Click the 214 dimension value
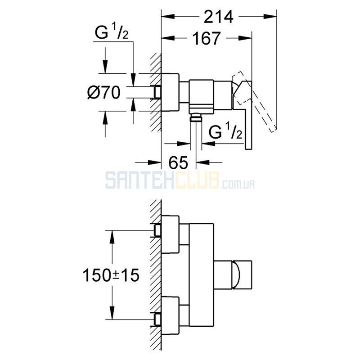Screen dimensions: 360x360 point(218,17)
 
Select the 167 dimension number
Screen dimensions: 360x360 point(207,38)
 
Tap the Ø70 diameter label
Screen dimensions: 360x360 point(104,93)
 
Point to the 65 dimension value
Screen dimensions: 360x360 point(178,162)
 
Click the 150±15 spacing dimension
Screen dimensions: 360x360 point(111,275)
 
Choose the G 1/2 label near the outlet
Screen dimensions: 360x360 point(225,131)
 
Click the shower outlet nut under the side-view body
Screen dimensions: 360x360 point(196,118)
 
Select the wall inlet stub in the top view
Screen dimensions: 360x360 point(157,92)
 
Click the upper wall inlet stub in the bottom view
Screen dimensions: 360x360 point(157,230)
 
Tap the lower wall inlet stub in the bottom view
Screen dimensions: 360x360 point(157,319)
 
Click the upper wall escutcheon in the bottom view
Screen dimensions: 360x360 point(170,234)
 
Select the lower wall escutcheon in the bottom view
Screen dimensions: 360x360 point(170,315)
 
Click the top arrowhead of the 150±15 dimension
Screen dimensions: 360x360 point(112,237)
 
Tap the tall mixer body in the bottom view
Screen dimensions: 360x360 point(202,275)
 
